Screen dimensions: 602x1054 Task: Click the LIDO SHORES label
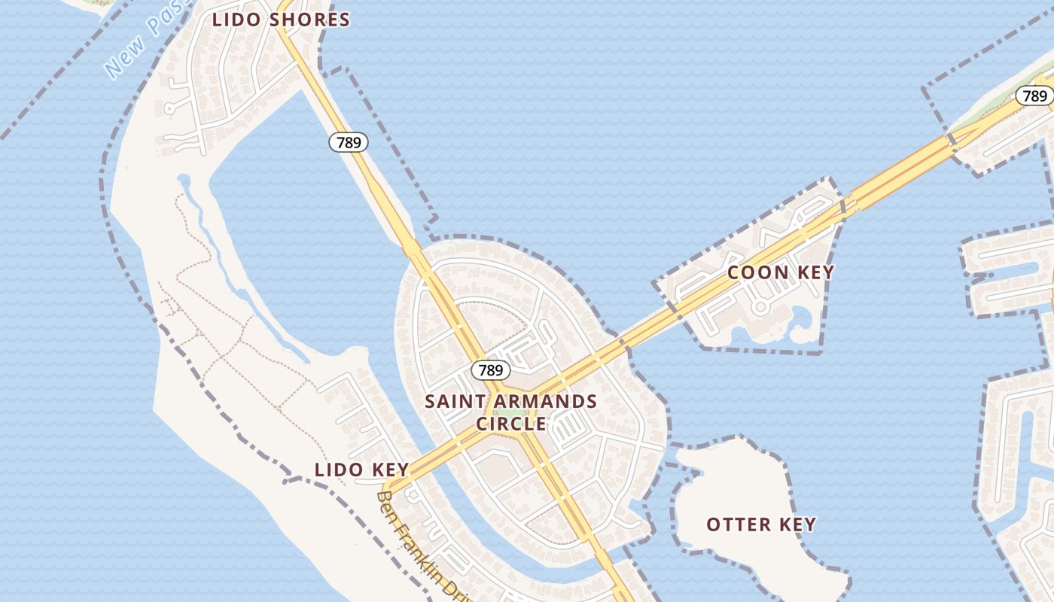click(x=281, y=20)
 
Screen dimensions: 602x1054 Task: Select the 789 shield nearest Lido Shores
click(x=349, y=141)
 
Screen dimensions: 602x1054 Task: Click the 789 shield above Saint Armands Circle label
click(x=491, y=369)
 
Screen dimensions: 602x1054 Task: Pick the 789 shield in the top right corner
click(x=1035, y=96)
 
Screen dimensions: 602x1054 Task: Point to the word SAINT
click(x=452, y=401)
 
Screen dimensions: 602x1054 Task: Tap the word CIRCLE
click(x=511, y=424)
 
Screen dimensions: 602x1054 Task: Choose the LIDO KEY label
click(x=361, y=470)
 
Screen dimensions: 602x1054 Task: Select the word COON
click(x=756, y=272)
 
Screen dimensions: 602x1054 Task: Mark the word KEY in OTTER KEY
click(x=797, y=524)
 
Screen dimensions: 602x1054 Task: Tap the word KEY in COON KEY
click(x=815, y=272)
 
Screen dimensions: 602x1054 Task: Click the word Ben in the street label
click(x=386, y=502)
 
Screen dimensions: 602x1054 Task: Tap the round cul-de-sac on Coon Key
click(x=760, y=307)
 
